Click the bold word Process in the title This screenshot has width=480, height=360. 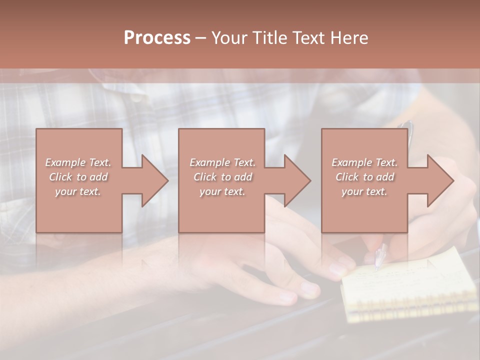[x=157, y=38]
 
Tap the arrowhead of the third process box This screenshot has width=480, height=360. [x=439, y=180]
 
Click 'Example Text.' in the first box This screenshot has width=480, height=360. [x=78, y=162]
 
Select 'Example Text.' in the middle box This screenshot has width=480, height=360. [x=222, y=162]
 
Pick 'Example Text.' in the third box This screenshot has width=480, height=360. [x=364, y=162]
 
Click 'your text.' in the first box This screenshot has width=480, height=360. [x=78, y=191]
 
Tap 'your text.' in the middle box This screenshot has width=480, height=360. [x=222, y=191]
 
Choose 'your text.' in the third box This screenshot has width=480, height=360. [x=364, y=191]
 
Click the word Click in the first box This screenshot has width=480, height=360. [x=60, y=177]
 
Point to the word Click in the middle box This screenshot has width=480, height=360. [x=205, y=177]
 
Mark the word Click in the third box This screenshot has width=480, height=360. [x=347, y=177]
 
